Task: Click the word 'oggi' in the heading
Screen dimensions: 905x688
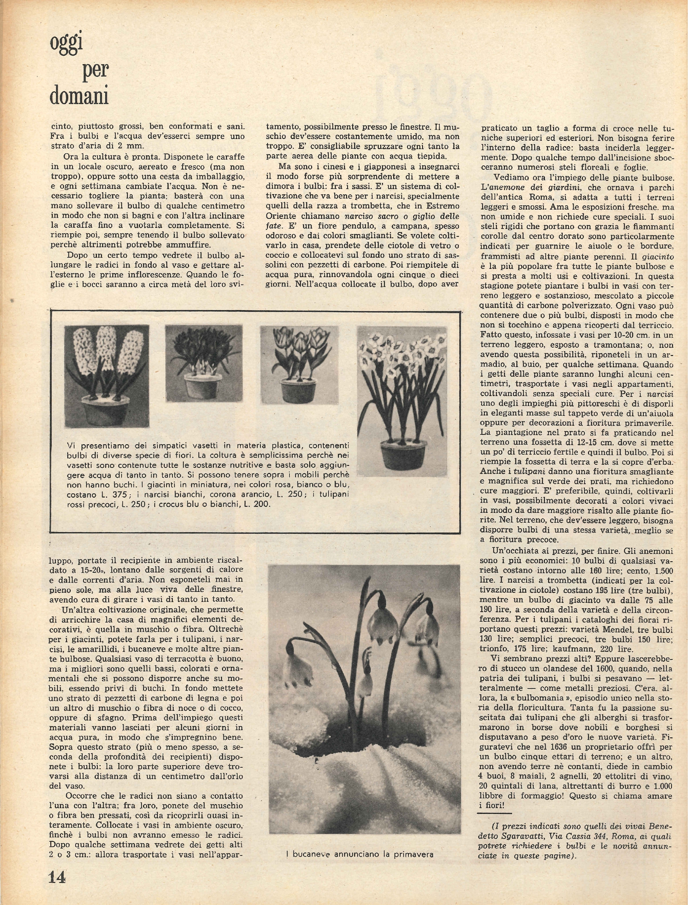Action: click(66, 48)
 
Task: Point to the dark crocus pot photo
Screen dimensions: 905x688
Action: click(203, 363)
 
